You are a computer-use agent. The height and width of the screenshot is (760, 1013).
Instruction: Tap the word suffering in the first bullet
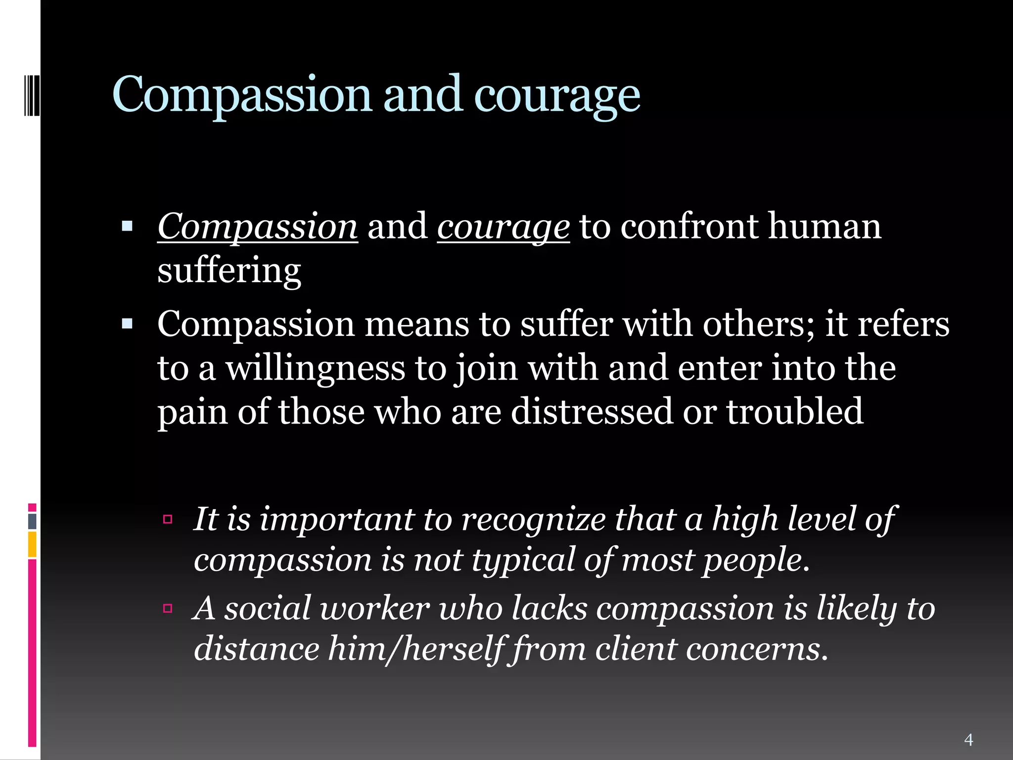point(229,271)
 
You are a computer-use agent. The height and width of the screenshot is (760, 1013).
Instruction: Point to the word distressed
point(592,411)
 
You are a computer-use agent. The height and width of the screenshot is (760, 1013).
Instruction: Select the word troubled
point(794,411)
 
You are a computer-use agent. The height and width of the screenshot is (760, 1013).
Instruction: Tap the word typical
point(523,560)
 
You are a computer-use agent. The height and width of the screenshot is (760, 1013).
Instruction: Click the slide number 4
point(968,740)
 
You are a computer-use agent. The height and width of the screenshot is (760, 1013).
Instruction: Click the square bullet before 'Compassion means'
point(127,325)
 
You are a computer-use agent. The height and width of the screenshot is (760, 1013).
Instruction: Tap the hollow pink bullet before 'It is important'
point(168,519)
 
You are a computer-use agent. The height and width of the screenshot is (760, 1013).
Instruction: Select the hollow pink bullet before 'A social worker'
point(168,608)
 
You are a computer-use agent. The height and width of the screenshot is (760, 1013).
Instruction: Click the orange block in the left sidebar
point(32,544)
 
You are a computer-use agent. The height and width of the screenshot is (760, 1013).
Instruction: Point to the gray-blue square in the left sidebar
point(32,521)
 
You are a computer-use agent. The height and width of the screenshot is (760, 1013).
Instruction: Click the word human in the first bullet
point(825,227)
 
